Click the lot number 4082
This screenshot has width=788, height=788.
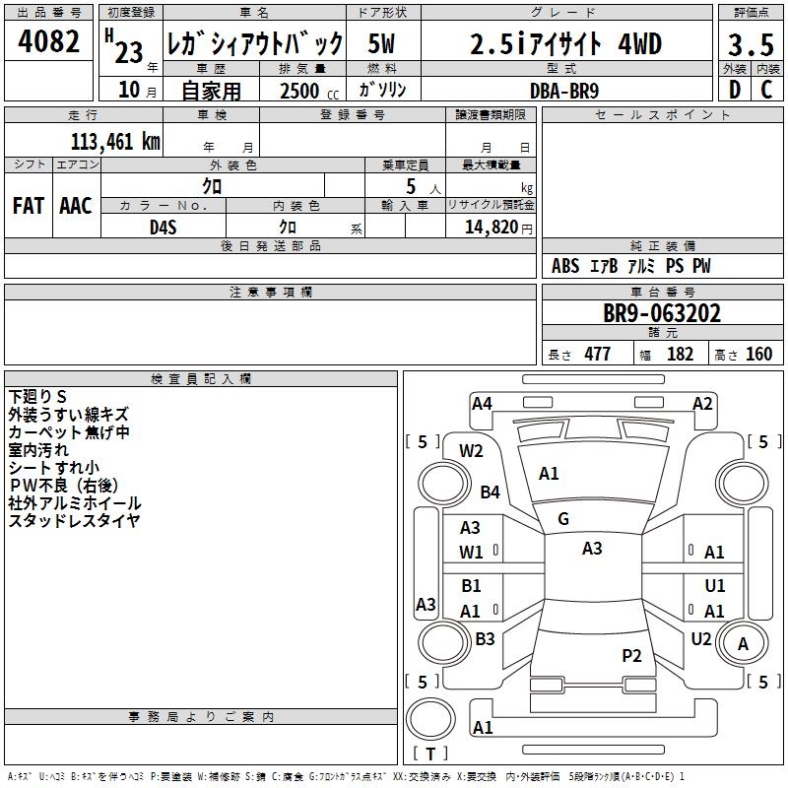click(49, 43)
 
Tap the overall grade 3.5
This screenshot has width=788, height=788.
click(750, 45)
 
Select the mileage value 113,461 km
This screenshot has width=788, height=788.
click(115, 142)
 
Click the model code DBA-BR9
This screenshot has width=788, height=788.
click(563, 89)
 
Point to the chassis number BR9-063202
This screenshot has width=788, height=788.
click(662, 314)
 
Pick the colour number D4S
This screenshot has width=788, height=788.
click(163, 226)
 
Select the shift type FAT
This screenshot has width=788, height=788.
click(29, 206)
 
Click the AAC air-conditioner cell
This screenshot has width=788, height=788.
click(76, 206)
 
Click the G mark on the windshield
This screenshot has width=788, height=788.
click(562, 519)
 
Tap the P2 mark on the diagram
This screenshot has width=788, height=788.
click(631, 656)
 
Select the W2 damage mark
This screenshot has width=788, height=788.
click(472, 451)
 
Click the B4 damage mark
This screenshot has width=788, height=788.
click(490, 492)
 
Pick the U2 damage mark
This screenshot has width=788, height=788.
click(700, 639)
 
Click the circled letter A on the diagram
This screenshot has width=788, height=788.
click(743, 644)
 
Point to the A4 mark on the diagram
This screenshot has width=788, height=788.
click(482, 403)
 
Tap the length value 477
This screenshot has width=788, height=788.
click(597, 355)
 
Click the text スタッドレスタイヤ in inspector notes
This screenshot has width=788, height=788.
click(75, 520)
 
